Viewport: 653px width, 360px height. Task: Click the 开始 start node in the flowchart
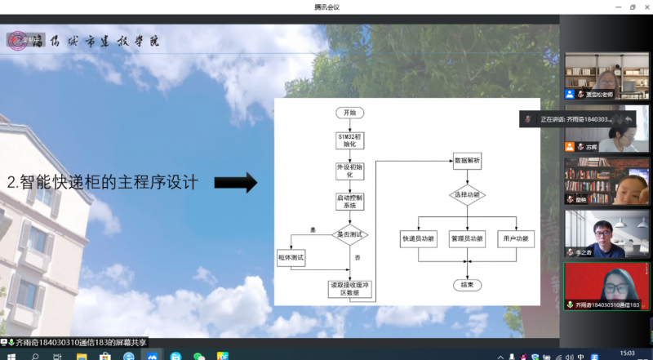349,112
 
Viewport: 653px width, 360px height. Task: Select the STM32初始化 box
349,140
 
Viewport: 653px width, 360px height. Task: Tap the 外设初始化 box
349,171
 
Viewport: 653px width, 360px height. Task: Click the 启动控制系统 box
349,201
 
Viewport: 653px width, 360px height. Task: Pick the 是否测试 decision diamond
350,235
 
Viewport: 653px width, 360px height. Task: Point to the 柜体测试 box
291,257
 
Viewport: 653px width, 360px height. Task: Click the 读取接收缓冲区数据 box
349,287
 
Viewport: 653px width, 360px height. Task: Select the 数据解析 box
468,162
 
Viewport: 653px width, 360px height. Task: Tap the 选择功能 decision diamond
468,196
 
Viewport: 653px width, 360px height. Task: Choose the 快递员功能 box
419,239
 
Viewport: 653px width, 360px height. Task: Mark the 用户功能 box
515,239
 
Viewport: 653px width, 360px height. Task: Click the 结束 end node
468,285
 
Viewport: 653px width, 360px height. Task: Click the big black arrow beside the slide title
236,183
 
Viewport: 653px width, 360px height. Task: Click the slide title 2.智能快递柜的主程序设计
102,183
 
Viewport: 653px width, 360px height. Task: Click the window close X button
644,7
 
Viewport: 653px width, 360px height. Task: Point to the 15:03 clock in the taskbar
627,353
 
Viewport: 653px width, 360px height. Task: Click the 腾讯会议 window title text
326,7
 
